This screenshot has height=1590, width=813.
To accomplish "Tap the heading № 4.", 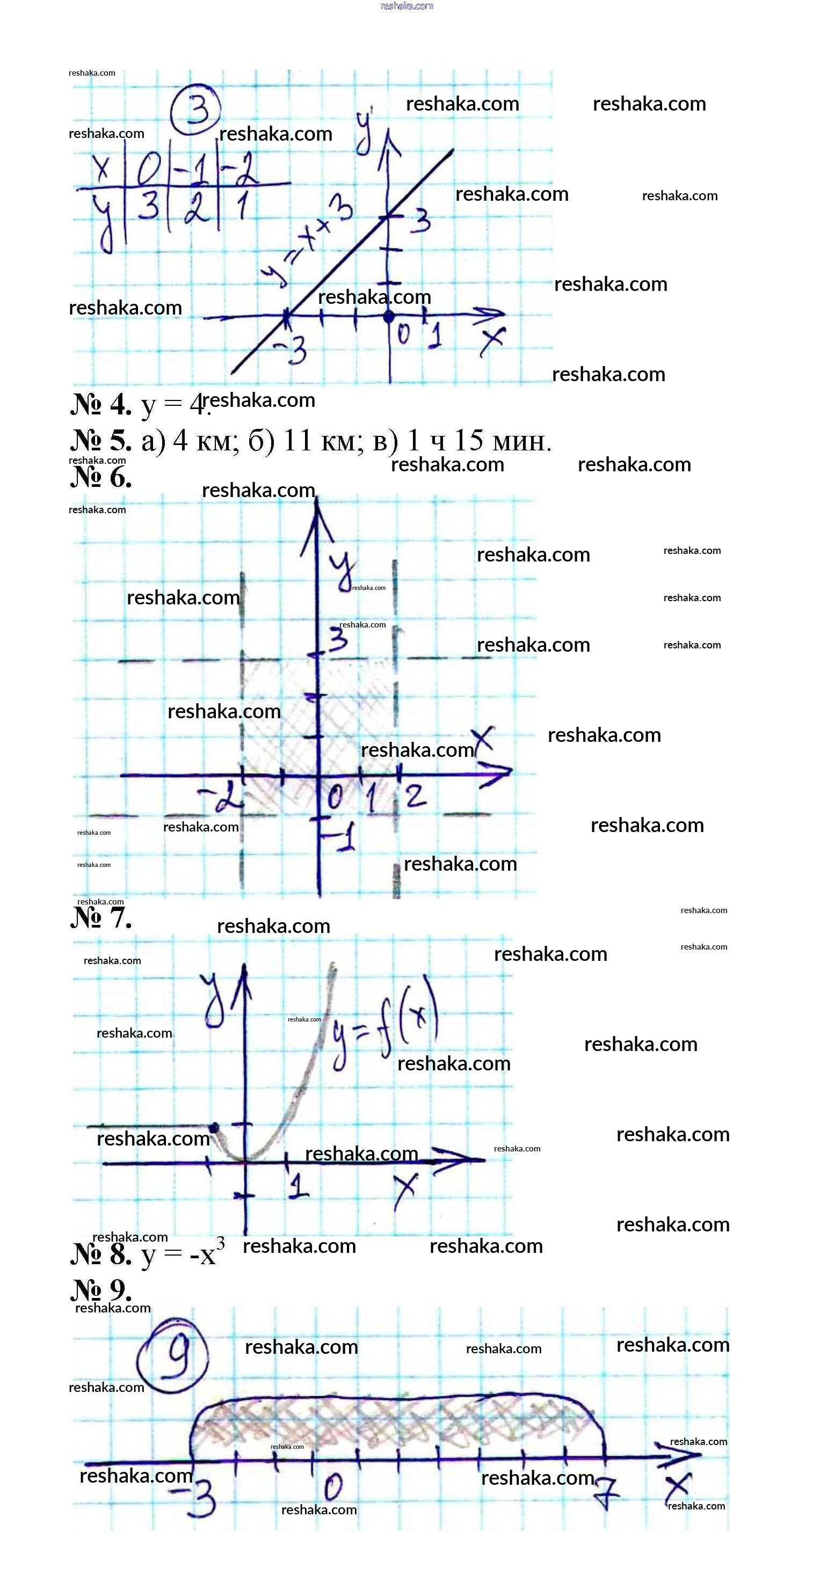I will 100,405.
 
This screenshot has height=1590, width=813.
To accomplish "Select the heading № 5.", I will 100,441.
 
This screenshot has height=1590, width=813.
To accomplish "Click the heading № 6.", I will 100,477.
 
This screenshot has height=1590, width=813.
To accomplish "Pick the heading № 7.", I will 100,918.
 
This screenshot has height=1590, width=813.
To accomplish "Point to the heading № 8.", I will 100,1254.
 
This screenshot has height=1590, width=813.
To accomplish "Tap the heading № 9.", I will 100,1290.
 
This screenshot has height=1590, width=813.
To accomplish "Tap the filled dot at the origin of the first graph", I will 388,317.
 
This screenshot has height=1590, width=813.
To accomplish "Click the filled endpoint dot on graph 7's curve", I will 214,1128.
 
